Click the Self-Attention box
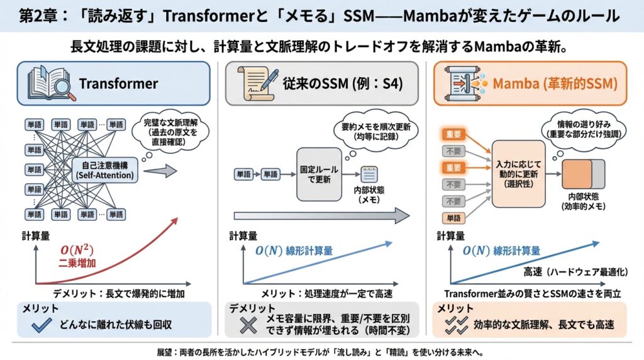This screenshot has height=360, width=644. pos(104,170)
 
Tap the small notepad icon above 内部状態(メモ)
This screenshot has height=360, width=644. pos(367,174)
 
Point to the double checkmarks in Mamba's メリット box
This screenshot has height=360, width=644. pos(455,325)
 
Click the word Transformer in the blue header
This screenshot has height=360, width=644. pos(118,84)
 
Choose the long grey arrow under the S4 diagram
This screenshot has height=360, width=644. pos(321,216)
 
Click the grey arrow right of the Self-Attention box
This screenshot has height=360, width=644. pos(162,170)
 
